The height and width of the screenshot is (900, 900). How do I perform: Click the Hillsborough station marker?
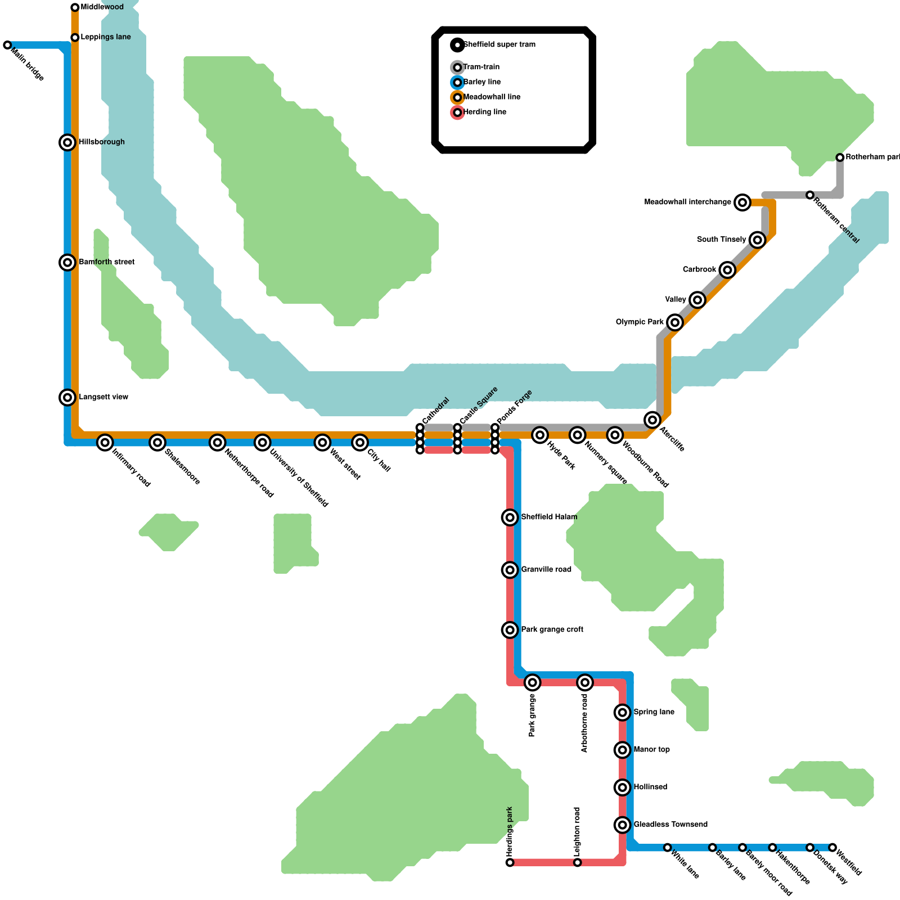[x=67, y=142]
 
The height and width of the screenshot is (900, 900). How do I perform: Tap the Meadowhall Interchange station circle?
[x=742, y=202]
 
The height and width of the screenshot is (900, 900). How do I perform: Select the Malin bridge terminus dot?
[x=7, y=45]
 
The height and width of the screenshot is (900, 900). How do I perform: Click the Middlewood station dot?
[x=75, y=7]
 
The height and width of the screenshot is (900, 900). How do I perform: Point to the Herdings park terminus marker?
[x=510, y=862]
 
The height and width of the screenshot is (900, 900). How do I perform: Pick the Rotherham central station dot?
[x=810, y=195]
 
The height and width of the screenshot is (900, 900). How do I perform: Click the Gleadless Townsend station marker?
[x=622, y=825]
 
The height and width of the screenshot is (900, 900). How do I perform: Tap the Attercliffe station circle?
[x=652, y=420]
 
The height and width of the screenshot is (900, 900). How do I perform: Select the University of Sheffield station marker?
[x=262, y=443]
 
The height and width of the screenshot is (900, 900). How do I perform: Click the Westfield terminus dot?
[x=832, y=847]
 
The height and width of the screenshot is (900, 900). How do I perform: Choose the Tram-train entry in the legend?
[x=481, y=67]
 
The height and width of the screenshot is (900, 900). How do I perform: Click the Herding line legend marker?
[x=457, y=112]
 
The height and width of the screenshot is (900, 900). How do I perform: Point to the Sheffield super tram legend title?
[x=499, y=44]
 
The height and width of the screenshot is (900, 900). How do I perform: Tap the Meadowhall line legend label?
[x=492, y=97]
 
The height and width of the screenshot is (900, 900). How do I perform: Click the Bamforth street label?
[x=107, y=262]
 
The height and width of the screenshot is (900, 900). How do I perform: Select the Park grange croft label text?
[x=552, y=629]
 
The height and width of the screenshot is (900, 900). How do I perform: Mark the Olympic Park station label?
[x=640, y=322]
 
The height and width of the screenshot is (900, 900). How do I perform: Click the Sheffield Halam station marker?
[x=510, y=517]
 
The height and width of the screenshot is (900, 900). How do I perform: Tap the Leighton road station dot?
[x=577, y=862]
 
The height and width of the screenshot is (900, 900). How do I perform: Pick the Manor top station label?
[x=651, y=750]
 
